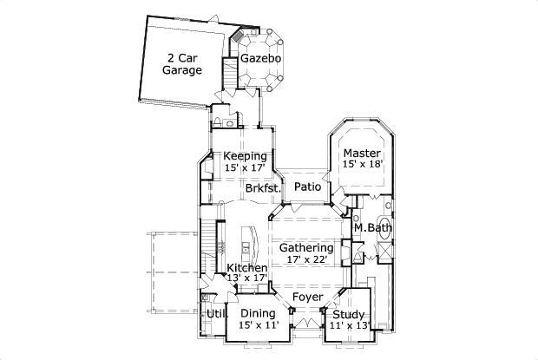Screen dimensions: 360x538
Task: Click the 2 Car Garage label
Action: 182,64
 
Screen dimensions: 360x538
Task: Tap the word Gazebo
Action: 260,59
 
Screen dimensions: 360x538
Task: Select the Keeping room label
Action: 245,156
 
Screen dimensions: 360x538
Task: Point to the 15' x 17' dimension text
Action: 245,167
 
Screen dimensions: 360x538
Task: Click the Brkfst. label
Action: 261,187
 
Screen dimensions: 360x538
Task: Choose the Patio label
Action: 306,187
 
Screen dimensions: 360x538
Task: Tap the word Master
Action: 362,153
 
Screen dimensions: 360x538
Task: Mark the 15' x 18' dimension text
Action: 362,164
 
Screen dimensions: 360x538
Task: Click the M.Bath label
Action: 372,228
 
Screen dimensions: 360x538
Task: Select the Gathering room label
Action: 306,247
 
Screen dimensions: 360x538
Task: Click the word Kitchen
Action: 247,268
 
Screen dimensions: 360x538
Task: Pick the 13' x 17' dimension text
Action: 247,278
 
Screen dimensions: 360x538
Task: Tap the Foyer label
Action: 307,298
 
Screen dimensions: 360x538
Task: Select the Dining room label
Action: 258,313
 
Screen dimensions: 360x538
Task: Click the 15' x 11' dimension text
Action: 258,325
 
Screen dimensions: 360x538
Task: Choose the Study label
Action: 349,314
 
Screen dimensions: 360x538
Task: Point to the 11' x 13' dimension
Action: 349,325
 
